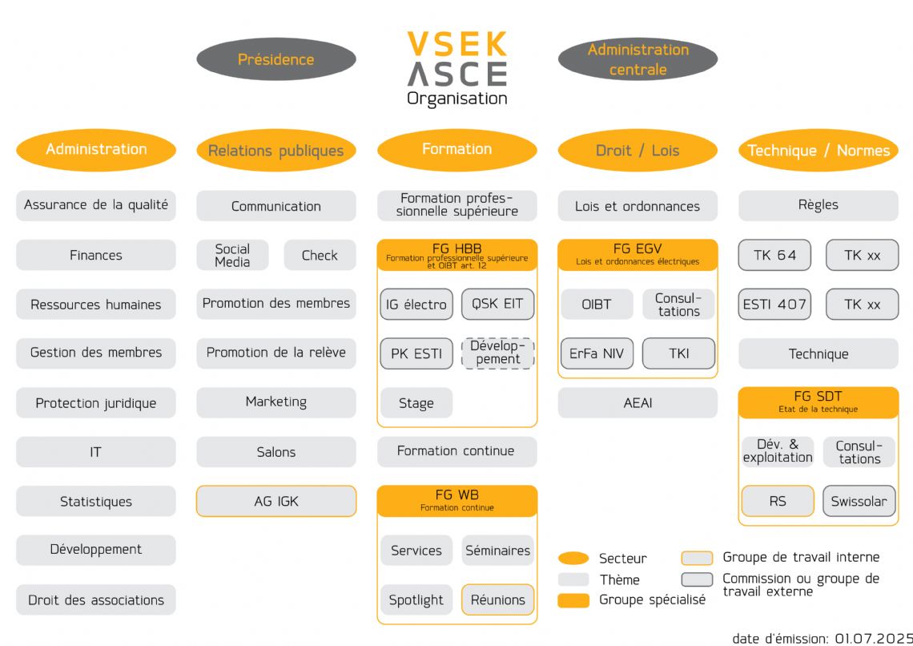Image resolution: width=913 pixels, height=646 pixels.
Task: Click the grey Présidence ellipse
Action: (x=276, y=59)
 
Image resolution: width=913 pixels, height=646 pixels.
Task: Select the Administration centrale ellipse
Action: (x=637, y=59)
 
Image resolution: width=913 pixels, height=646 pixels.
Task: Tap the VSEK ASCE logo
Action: (x=456, y=67)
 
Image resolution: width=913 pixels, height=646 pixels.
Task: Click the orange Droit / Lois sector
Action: (x=637, y=150)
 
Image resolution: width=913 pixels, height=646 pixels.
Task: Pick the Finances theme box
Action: (x=96, y=255)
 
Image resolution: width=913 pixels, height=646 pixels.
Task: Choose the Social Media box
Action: (x=232, y=255)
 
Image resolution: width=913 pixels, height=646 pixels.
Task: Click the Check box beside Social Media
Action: (x=320, y=255)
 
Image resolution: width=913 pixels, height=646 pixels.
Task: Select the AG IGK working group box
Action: (x=276, y=501)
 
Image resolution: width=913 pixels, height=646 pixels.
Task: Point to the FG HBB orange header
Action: (x=456, y=254)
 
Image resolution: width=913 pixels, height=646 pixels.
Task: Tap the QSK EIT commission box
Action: (x=497, y=304)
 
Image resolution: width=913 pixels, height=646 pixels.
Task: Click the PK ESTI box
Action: (x=416, y=353)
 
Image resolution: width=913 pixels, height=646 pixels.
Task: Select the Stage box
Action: (x=416, y=403)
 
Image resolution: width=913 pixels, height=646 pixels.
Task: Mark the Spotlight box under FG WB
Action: (x=416, y=600)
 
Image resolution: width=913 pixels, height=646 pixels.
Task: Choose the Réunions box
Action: (x=497, y=600)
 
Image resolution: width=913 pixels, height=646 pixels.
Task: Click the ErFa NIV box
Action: (x=597, y=353)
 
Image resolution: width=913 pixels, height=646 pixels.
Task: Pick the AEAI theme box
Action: (x=637, y=402)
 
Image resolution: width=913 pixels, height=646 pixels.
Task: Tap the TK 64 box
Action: (x=774, y=255)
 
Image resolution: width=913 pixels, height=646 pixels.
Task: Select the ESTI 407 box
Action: (x=774, y=304)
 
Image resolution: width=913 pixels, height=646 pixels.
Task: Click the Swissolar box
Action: (x=859, y=501)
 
